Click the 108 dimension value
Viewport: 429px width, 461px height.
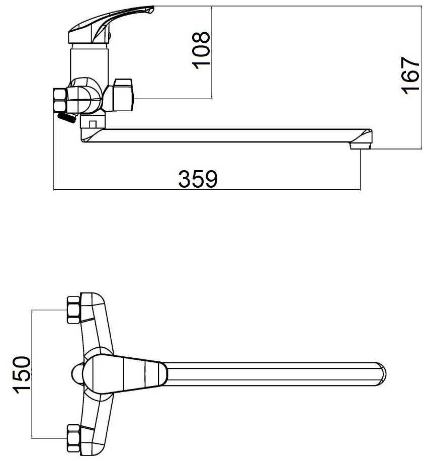(x=202, y=50)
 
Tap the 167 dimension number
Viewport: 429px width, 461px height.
(x=410, y=75)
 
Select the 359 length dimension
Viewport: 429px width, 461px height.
(x=198, y=179)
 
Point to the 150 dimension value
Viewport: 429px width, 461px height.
(x=22, y=374)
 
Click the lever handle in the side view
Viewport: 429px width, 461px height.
(x=111, y=25)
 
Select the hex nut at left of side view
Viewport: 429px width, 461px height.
(x=60, y=100)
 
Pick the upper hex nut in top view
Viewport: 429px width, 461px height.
(x=73, y=310)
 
